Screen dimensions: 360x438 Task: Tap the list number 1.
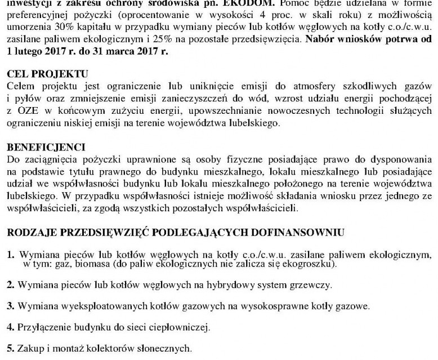click(10, 255)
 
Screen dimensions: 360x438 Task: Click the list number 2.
click(10, 286)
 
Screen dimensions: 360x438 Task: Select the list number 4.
click(10, 327)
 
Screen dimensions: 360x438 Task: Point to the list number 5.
click(10, 347)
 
